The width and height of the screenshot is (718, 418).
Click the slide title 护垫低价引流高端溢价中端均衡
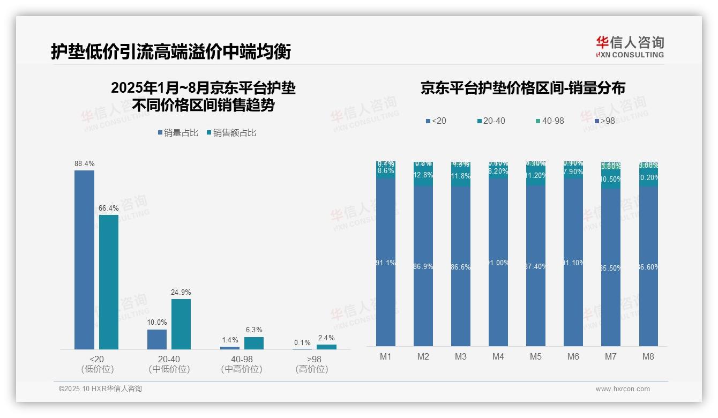(171, 51)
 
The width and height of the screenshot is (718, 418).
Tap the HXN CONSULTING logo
(630, 47)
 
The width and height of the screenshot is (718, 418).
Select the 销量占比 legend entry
(178, 133)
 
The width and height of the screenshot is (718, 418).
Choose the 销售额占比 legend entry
(231, 133)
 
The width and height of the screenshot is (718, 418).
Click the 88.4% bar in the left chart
(84, 260)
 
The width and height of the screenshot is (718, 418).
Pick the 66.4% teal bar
(109, 282)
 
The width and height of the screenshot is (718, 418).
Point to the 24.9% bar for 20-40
(181, 324)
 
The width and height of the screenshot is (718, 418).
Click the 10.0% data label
(157, 323)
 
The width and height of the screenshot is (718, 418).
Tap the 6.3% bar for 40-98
(254, 343)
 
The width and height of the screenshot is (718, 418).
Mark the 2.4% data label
(326, 338)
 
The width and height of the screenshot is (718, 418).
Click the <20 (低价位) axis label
(97, 364)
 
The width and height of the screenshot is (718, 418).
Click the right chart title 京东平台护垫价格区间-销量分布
(523, 88)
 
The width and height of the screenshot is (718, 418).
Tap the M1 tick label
(386, 356)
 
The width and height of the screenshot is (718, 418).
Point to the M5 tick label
(536, 356)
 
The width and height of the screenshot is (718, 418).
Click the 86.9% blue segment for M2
(423, 266)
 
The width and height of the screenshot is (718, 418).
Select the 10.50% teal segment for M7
(611, 180)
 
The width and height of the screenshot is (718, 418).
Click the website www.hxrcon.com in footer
(623, 389)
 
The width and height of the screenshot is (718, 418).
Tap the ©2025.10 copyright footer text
(100, 389)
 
